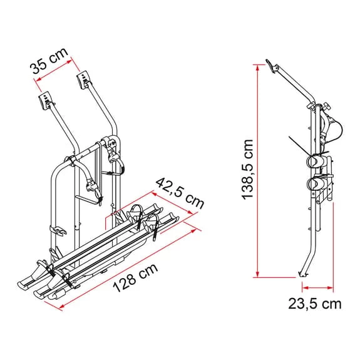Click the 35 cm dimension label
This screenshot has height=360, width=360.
click(49, 61)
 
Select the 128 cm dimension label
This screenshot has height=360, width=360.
click(135, 277)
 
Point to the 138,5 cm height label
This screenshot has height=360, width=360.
click(247, 169)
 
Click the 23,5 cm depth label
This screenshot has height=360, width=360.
click(315, 304)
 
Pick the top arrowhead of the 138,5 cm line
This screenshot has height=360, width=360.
click(257, 68)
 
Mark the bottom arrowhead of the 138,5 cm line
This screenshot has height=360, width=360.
click(257, 274)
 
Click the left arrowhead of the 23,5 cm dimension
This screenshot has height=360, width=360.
click(306, 287)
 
